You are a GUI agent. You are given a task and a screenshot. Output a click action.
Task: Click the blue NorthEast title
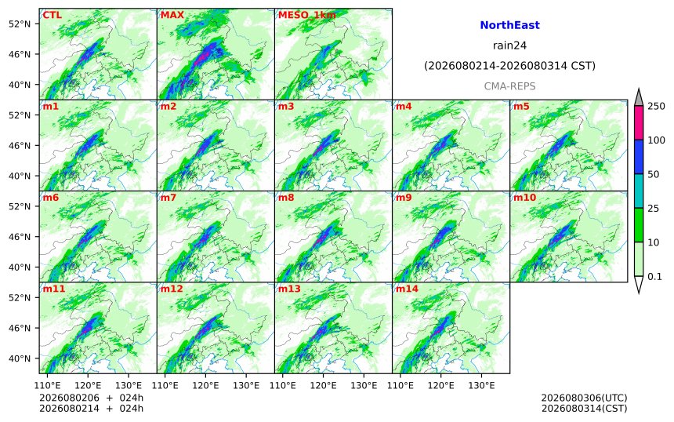click(x=509, y=25)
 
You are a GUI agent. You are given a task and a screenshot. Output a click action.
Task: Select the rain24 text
click(x=509, y=45)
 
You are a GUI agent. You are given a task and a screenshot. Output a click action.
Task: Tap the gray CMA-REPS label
click(x=509, y=86)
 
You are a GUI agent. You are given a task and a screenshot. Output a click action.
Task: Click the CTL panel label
click(x=52, y=15)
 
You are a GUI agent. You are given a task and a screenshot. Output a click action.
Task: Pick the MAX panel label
click(x=172, y=15)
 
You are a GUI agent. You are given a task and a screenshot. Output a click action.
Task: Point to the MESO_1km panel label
click(x=307, y=15)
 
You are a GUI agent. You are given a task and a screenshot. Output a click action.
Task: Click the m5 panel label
click(x=521, y=106)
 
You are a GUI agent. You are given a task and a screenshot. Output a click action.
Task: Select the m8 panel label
click(x=286, y=198)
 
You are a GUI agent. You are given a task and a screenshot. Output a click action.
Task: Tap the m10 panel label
click(x=524, y=198)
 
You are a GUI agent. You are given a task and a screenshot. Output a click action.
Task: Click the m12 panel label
click(x=172, y=289)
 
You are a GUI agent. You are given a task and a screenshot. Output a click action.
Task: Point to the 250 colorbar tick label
click(x=657, y=106)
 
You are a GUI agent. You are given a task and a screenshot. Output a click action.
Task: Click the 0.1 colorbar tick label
click(x=654, y=277)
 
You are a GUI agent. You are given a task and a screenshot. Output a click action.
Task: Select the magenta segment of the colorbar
click(x=639, y=122)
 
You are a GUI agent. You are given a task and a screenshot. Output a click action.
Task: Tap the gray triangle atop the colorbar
click(x=639, y=97)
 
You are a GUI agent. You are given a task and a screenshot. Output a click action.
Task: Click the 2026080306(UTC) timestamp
click(x=584, y=398)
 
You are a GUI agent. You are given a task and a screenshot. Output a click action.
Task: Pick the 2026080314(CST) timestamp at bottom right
click(x=584, y=408)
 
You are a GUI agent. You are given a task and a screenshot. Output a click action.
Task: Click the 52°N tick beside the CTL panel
click(x=20, y=24)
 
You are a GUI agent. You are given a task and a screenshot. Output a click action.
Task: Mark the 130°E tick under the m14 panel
click(x=481, y=385)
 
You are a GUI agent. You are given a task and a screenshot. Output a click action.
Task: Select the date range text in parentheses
click(x=509, y=66)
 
